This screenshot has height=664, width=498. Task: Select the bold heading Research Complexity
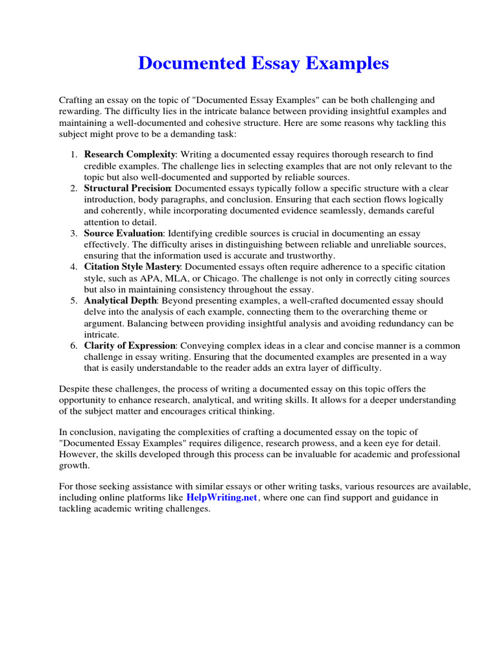pyautogui.click(x=130, y=154)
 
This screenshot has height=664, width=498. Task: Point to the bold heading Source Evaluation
pyautogui.click(x=123, y=233)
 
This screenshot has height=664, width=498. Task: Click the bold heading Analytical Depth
pyautogui.click(x=120, y=301)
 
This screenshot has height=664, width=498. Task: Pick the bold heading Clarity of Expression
pyautogui.click(x=130, y=346)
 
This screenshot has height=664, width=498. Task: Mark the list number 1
pyautogui.click(x=73, y=154)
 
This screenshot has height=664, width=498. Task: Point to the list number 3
pyautogui.click(x=73, y=233)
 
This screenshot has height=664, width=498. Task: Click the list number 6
pyautogui.click(x=73, y=346)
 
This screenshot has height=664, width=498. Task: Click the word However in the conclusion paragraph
pyautogui.click(x=78, y=455)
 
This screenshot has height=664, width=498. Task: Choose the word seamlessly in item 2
pyautogui.click(x=357, y=211)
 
